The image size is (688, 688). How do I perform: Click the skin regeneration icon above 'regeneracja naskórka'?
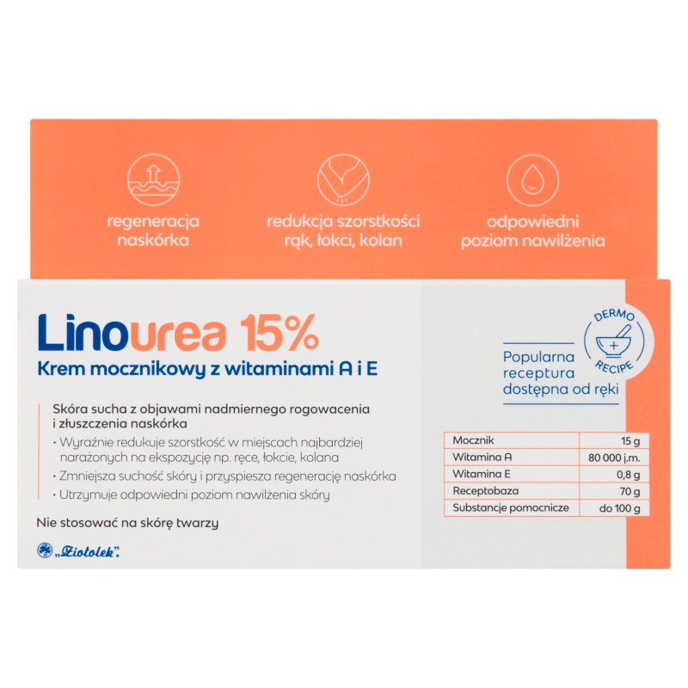pos(153,179)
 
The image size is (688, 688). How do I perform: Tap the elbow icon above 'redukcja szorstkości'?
pos(343,179)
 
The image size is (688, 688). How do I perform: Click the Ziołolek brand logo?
pos(79,550)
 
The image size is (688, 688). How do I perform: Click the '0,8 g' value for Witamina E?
pos(627,474)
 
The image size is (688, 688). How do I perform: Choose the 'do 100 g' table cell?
pos(622,508)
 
